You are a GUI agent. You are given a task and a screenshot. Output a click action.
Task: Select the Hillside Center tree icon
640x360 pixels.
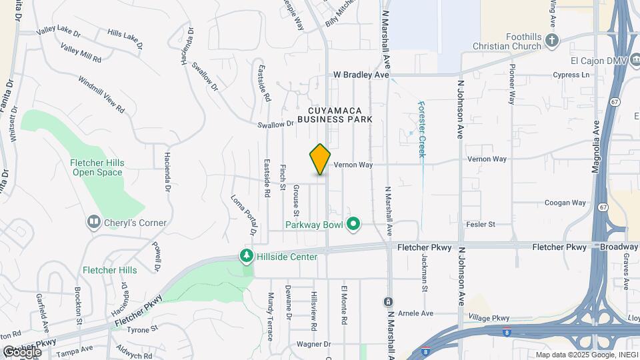click(247, 256)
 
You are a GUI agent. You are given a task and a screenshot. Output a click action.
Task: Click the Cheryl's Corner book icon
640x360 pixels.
click(94, 221)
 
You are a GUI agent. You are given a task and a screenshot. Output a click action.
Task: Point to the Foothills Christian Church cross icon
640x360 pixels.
click(551, 41)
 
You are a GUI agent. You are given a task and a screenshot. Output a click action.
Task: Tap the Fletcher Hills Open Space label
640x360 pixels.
click(97, 167)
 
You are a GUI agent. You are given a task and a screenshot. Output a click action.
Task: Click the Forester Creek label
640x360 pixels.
click(421, 129)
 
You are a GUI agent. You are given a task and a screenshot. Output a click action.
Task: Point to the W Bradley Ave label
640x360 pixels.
click(361, 75)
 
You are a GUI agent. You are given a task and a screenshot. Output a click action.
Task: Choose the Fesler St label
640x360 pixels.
click(481, 225)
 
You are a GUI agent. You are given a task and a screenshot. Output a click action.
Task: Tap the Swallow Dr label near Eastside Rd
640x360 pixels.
click(276, 124)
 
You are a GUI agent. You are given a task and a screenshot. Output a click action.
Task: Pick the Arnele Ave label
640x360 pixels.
click(415, 313)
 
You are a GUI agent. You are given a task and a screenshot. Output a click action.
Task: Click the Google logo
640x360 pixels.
click(22, 351)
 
